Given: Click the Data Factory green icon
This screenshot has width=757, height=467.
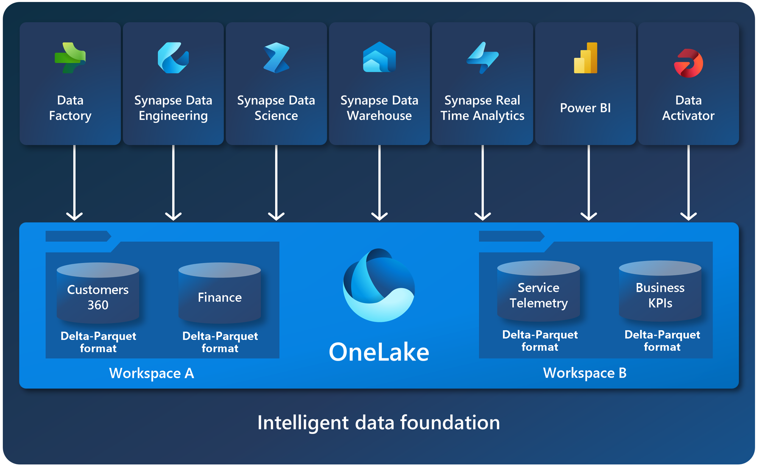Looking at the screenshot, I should click(x=70, y=58).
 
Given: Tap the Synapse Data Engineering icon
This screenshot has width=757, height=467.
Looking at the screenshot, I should click(x=173, y=58).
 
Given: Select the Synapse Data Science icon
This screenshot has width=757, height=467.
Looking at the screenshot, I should click(x=276, y=58).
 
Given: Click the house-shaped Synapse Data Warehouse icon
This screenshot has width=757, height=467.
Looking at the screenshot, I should click(x=379, y=58).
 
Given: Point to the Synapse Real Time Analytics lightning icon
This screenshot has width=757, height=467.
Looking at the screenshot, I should click(x=483, y=58).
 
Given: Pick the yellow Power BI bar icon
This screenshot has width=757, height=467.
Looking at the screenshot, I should click(x=586, y=58).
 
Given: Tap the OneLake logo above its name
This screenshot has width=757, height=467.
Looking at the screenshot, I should click(x=379, y=286).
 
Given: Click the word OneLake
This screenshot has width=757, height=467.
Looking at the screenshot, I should click(x=379, y=352).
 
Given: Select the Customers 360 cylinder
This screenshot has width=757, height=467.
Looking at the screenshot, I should click(x=98, y=293).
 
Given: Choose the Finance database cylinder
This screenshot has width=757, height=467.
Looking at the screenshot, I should click(x=220, y=293).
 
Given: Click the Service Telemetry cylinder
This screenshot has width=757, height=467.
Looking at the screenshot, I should click(x=539, y=291).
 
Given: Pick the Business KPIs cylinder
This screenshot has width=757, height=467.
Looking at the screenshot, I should click(x=660, y=291).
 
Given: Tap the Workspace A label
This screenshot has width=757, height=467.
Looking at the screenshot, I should click(x=151, y=373).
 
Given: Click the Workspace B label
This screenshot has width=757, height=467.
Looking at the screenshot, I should click(x=585, y=373).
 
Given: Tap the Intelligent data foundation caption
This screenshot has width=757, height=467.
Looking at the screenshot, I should click(x=378, y=422).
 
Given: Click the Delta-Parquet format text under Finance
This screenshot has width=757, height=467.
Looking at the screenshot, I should click(x=220, y=342).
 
